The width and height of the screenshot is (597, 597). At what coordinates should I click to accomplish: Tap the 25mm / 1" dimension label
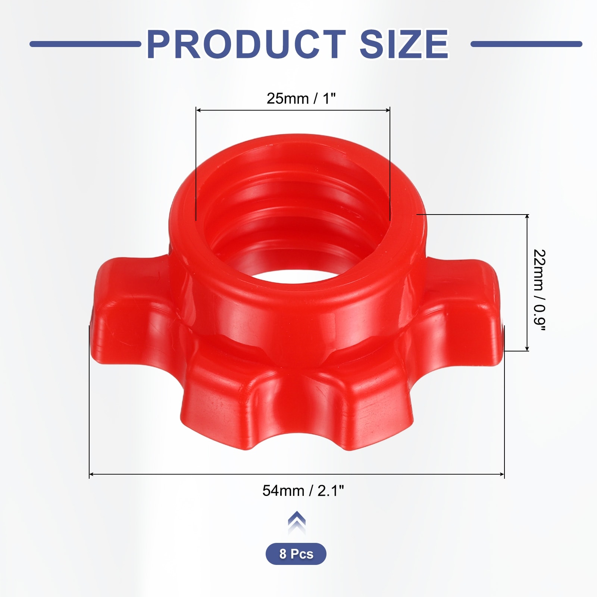[x=301, y=99]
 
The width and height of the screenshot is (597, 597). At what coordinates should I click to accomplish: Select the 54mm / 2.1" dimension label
[x=303, y=491]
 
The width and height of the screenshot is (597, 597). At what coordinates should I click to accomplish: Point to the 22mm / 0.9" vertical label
[x=539, y=290]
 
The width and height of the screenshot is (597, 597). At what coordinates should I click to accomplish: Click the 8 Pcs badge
[x=296, y=554]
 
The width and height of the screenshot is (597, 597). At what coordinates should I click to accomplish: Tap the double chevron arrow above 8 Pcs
[x=297, y=522]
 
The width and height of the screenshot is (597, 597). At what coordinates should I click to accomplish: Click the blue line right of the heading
[x=526, y=44]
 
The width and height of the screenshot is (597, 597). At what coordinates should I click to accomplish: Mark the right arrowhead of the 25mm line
[x=388, y=110]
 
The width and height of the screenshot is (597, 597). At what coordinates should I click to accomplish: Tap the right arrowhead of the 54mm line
[x=502, y=474]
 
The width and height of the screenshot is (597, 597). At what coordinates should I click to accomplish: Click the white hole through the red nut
[x=295, y=274]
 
